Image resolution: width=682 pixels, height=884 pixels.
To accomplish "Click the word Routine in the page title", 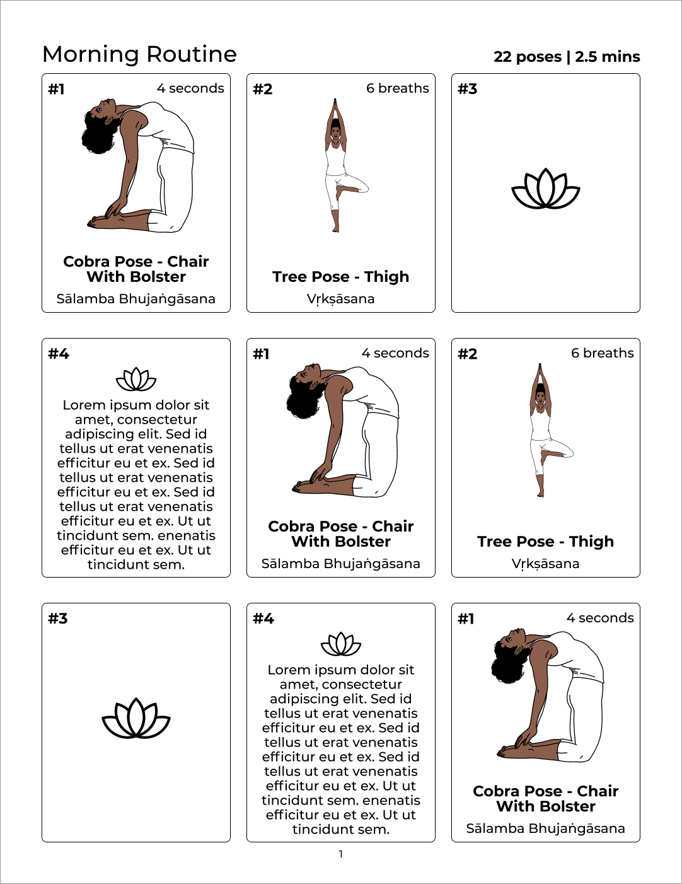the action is coord(191,54).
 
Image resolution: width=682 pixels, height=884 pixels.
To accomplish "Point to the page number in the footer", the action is coord(341,854).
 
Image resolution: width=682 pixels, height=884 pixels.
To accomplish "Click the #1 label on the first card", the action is coord(56,89).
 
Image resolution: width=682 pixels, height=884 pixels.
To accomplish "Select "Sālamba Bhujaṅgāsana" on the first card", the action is coord(136,299).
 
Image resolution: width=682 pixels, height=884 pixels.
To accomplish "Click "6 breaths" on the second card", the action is coord(397,88).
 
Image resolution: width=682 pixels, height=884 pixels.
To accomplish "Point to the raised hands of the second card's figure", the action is coord(335,107).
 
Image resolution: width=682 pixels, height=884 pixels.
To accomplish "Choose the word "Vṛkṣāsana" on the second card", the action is coord(341,300).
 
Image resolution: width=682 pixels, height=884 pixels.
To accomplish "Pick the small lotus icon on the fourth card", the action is coord(136,379).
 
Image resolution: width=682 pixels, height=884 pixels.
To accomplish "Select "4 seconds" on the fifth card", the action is coord(395,353).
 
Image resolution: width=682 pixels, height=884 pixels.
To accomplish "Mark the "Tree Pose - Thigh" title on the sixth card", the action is coord(545,542).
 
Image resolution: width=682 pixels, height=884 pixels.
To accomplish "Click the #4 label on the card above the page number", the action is coord(263,619).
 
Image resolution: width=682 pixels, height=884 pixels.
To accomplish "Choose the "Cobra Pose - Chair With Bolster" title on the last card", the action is coord(546,799).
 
